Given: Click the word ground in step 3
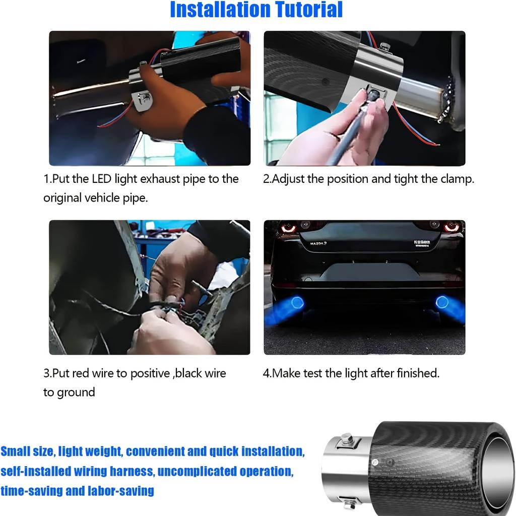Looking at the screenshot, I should pyautogui.click(x=76, y=393).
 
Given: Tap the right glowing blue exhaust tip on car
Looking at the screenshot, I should pyautogui.click(x=442, y=302).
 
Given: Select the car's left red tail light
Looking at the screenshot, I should pyautogui.click(x=288, y=228).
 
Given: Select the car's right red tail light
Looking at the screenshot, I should pyautogui.click(x=452, y=227).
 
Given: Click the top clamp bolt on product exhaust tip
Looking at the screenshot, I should pyautogui.click(x=346, y=438).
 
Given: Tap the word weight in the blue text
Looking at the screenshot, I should pyautogui.click(x=103, y=451).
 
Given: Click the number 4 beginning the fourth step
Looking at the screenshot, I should pyautogui.click(x=266, y=373).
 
